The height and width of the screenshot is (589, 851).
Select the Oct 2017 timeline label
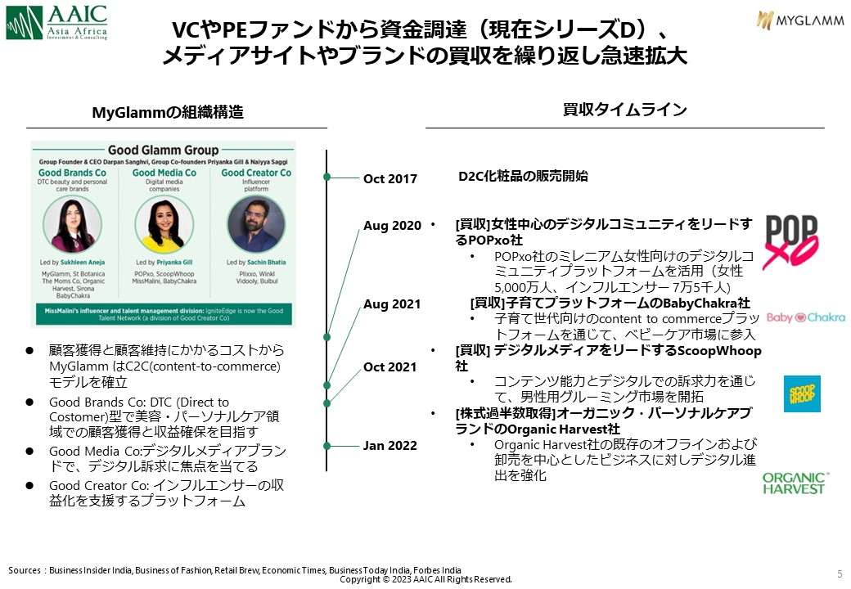[390, 179]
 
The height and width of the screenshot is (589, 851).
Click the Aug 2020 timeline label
[392, 226]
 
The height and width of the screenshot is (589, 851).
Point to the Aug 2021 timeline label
[391, 304]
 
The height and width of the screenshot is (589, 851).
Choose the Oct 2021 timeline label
[390, 367]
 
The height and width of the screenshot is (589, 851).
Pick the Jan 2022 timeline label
[390, 446]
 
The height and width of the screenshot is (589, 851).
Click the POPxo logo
[790, 241]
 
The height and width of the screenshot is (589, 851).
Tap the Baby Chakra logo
[805, 317]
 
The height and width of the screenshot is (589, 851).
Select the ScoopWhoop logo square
[802, 393]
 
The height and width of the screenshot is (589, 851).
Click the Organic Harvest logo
[794, 483]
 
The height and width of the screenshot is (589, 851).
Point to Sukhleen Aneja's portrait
[74, 223]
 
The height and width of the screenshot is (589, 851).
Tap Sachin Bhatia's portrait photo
[256, 223]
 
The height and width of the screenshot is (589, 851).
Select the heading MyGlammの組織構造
[168, 113]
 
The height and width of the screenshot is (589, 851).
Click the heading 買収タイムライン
[624, 110]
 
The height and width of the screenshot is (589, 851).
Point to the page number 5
[840, 572]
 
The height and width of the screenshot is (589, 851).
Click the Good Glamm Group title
[163, 151]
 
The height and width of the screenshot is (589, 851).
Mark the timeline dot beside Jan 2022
[327, 446]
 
